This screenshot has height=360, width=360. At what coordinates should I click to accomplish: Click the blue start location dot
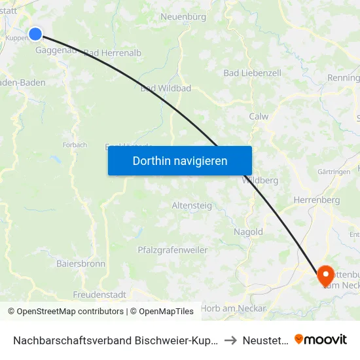coord(35,34)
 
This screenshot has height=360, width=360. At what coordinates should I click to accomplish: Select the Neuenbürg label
coord(184,16)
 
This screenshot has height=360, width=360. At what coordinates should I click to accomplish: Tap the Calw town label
coord(259,117)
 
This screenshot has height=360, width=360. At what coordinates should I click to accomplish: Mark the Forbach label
coord(75,145)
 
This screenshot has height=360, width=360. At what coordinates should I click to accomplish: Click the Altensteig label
coord(192,206)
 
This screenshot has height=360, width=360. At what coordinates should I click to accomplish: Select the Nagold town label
coord(248,232)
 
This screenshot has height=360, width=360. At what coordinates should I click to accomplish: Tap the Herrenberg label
coord(316,200)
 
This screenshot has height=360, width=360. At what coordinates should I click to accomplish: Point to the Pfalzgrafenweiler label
coord(172,250)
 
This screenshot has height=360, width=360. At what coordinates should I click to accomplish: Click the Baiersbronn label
coord(81,264)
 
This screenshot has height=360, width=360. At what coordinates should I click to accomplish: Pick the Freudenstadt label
coord(99,295)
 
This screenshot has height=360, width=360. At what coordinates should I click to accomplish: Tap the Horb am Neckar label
coord(234,308)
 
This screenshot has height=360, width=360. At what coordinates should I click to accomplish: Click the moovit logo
coord(321,340)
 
